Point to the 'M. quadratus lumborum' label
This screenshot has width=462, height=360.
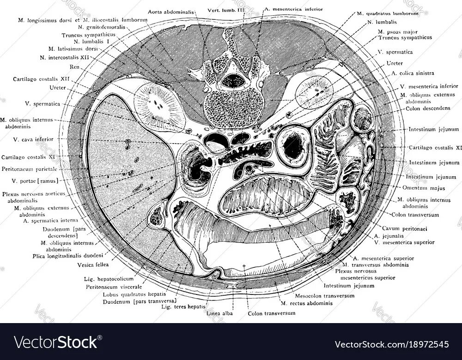point(388,14)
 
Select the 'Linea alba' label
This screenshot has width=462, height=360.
point(221,313)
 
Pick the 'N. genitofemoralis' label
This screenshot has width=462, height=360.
point(98,27)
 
